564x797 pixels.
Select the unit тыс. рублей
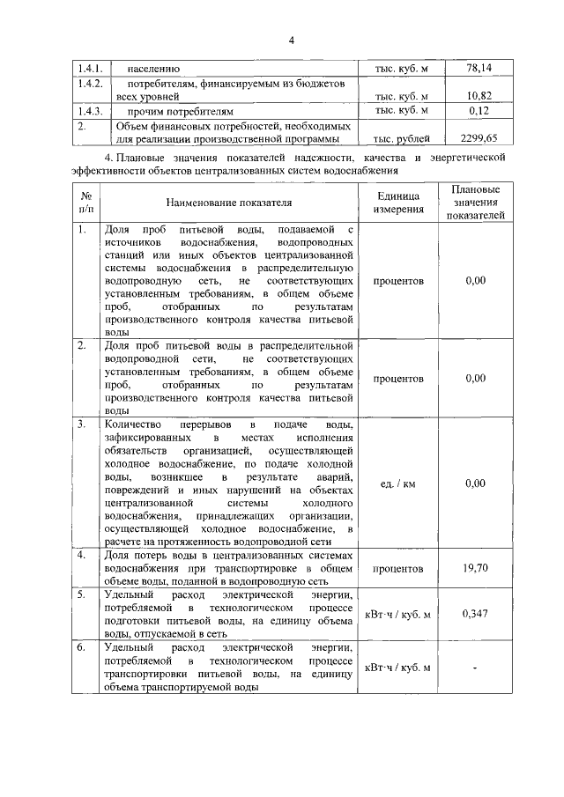401,138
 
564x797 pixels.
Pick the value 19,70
475,568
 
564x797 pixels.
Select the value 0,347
475,613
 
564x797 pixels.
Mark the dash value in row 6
475,668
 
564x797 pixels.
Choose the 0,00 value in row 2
475,378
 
